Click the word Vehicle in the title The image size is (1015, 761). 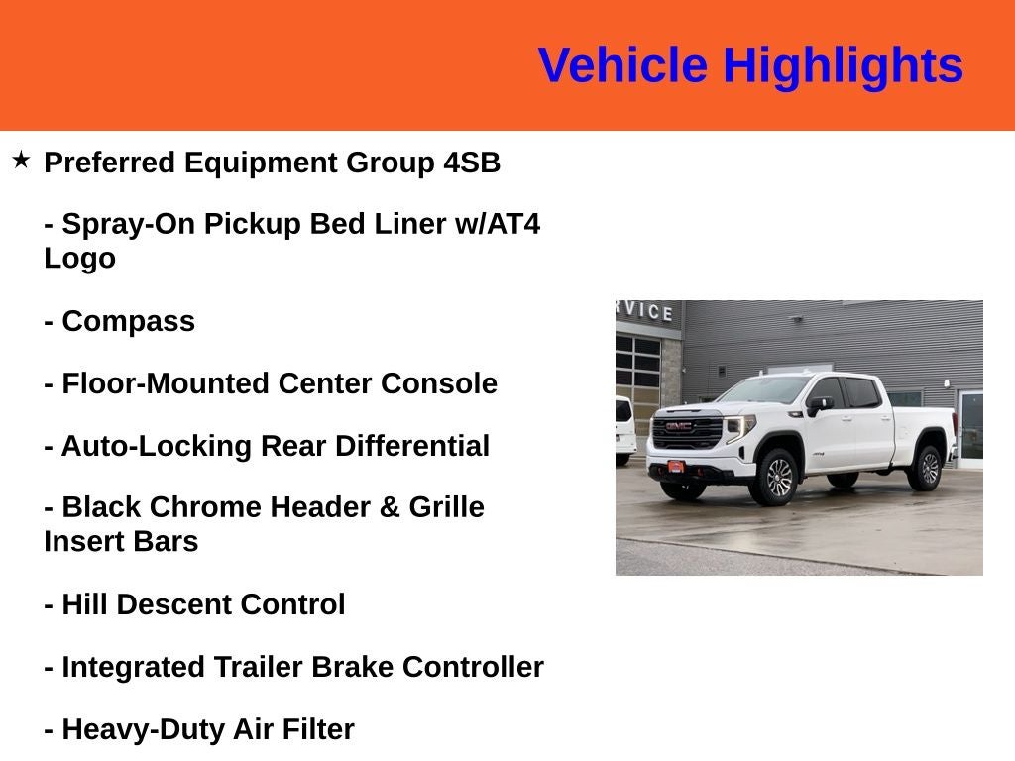coord(622,65)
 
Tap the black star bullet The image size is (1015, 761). coord(21,160)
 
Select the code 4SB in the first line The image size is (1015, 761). coord(472,163)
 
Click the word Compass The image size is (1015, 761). coord(128,322)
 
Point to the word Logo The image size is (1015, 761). coord(79,259)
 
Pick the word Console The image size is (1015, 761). coord(439,383)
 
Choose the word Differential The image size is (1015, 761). coord(411,446)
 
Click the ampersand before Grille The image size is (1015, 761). coord(389,507)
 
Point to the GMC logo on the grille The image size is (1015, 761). coord(679,426)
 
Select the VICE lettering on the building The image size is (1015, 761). coord(648,311)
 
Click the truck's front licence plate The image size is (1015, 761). coord(675,467)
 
